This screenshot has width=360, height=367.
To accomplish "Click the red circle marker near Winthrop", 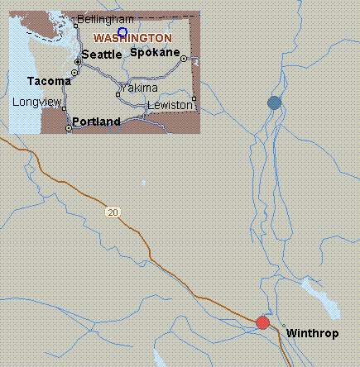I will [x=263, y=322].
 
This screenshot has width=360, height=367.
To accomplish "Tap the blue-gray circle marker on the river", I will [x=274, y=102].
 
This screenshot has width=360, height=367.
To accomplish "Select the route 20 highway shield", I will [x=113, y=212].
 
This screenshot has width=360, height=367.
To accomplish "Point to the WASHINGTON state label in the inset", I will [x=132, y=38].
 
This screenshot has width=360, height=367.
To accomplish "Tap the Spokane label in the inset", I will [x=155, y=52].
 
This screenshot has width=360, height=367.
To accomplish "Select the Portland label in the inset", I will [x=96, y=122].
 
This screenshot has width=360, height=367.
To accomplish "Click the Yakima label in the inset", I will [x=138, y=88].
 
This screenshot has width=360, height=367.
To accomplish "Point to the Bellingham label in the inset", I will [x=105, y=19].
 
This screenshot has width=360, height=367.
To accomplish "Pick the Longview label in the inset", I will [x=36, y=102].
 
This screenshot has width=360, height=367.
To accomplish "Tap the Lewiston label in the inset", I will [x=169, y=105].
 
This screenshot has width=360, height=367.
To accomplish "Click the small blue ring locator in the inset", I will [x=122, y=32].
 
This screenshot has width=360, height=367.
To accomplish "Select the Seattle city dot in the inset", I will [x=78, y=62].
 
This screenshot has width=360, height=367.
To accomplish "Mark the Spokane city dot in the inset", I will [x=184, y=59].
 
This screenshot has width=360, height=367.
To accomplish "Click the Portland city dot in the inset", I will [x=68, y=129].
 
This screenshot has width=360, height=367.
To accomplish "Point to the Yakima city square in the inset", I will [x=118, y=93].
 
